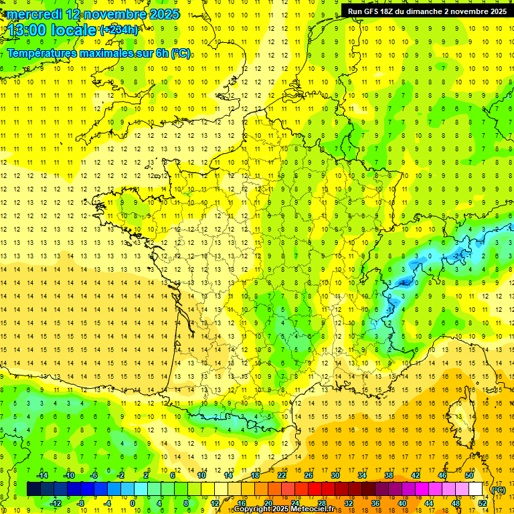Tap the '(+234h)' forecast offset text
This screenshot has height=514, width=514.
119,29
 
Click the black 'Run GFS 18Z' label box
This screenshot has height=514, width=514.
427,11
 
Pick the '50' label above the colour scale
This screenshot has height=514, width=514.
468,475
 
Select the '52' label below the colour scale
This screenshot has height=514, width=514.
482,503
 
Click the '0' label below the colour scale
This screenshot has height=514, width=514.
133,503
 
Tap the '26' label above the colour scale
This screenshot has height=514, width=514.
308,475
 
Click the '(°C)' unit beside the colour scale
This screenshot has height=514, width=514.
498,490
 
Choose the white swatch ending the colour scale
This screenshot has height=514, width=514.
475,489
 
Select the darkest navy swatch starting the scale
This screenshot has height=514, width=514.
33,489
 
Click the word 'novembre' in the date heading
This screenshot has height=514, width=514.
118,14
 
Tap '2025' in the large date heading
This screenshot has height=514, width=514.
165,14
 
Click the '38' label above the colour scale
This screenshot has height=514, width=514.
388,475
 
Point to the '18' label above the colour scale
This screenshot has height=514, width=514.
254,475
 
